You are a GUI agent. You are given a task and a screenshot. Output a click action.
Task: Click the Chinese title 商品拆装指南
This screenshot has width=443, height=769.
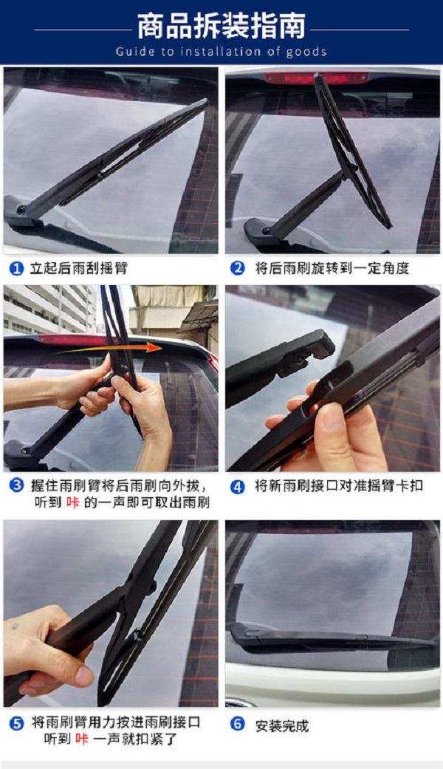[221, 27]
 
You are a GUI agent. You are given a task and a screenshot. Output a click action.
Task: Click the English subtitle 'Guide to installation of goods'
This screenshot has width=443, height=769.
[221, 52]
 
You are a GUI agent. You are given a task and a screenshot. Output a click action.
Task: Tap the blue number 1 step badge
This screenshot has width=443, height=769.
[16, 268]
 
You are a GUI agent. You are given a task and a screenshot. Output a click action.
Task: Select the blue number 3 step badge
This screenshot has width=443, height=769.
[16, 487]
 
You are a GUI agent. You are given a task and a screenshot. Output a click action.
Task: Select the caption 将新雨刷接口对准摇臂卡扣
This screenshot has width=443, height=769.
[339, 487]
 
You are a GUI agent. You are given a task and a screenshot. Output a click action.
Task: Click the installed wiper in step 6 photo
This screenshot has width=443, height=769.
[332, 638]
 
